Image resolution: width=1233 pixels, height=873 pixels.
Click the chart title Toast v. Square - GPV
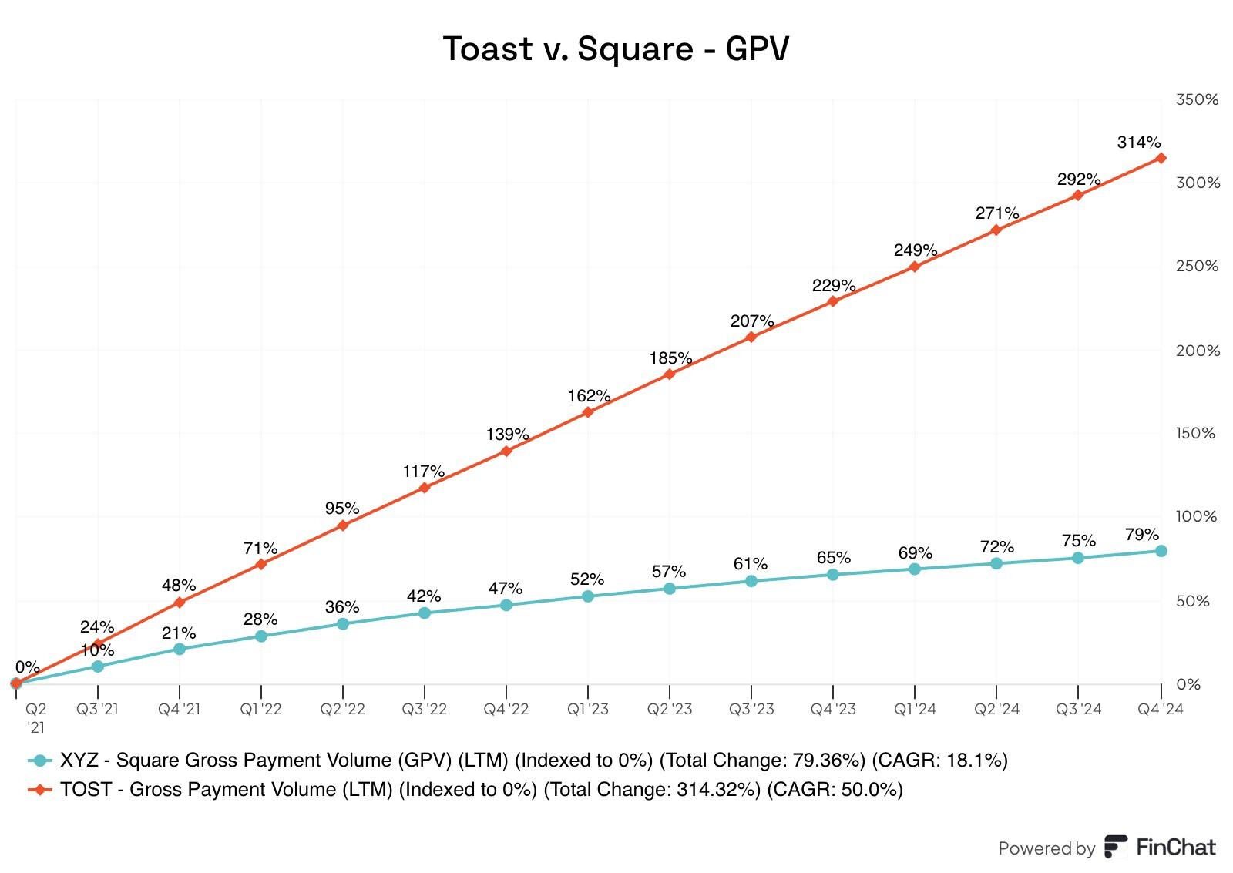[616, 49]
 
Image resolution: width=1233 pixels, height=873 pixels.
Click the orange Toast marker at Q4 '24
[1161, 158]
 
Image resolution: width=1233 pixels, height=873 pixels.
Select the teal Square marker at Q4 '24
[1161, 551]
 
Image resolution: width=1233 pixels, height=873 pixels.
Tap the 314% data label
[1138, 143]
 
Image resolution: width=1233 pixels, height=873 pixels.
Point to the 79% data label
[1141, 535]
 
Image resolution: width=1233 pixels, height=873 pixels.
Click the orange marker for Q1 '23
[588, 412]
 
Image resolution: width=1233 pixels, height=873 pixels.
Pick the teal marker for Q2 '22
[343, 623]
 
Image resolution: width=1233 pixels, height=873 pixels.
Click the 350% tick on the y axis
[1197, 99]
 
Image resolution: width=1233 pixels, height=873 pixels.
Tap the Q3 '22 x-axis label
[424, 709]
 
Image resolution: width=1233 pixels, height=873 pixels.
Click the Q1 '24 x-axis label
[915, 709]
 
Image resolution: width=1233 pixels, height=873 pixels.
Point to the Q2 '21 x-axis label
[35, 717]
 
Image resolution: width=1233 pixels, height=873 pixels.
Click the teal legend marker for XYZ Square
[39, 761]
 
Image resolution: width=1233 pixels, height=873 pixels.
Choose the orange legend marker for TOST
[39, 790]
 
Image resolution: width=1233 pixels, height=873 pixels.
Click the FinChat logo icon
[1115, 846]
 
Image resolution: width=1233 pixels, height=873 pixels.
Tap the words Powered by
[1046, 848]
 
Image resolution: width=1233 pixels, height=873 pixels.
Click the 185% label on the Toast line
[670, 358]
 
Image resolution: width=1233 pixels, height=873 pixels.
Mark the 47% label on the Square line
[506, 589]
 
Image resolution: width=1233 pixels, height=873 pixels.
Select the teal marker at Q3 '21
[98, 666]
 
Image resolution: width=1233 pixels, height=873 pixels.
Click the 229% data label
[834, 286]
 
